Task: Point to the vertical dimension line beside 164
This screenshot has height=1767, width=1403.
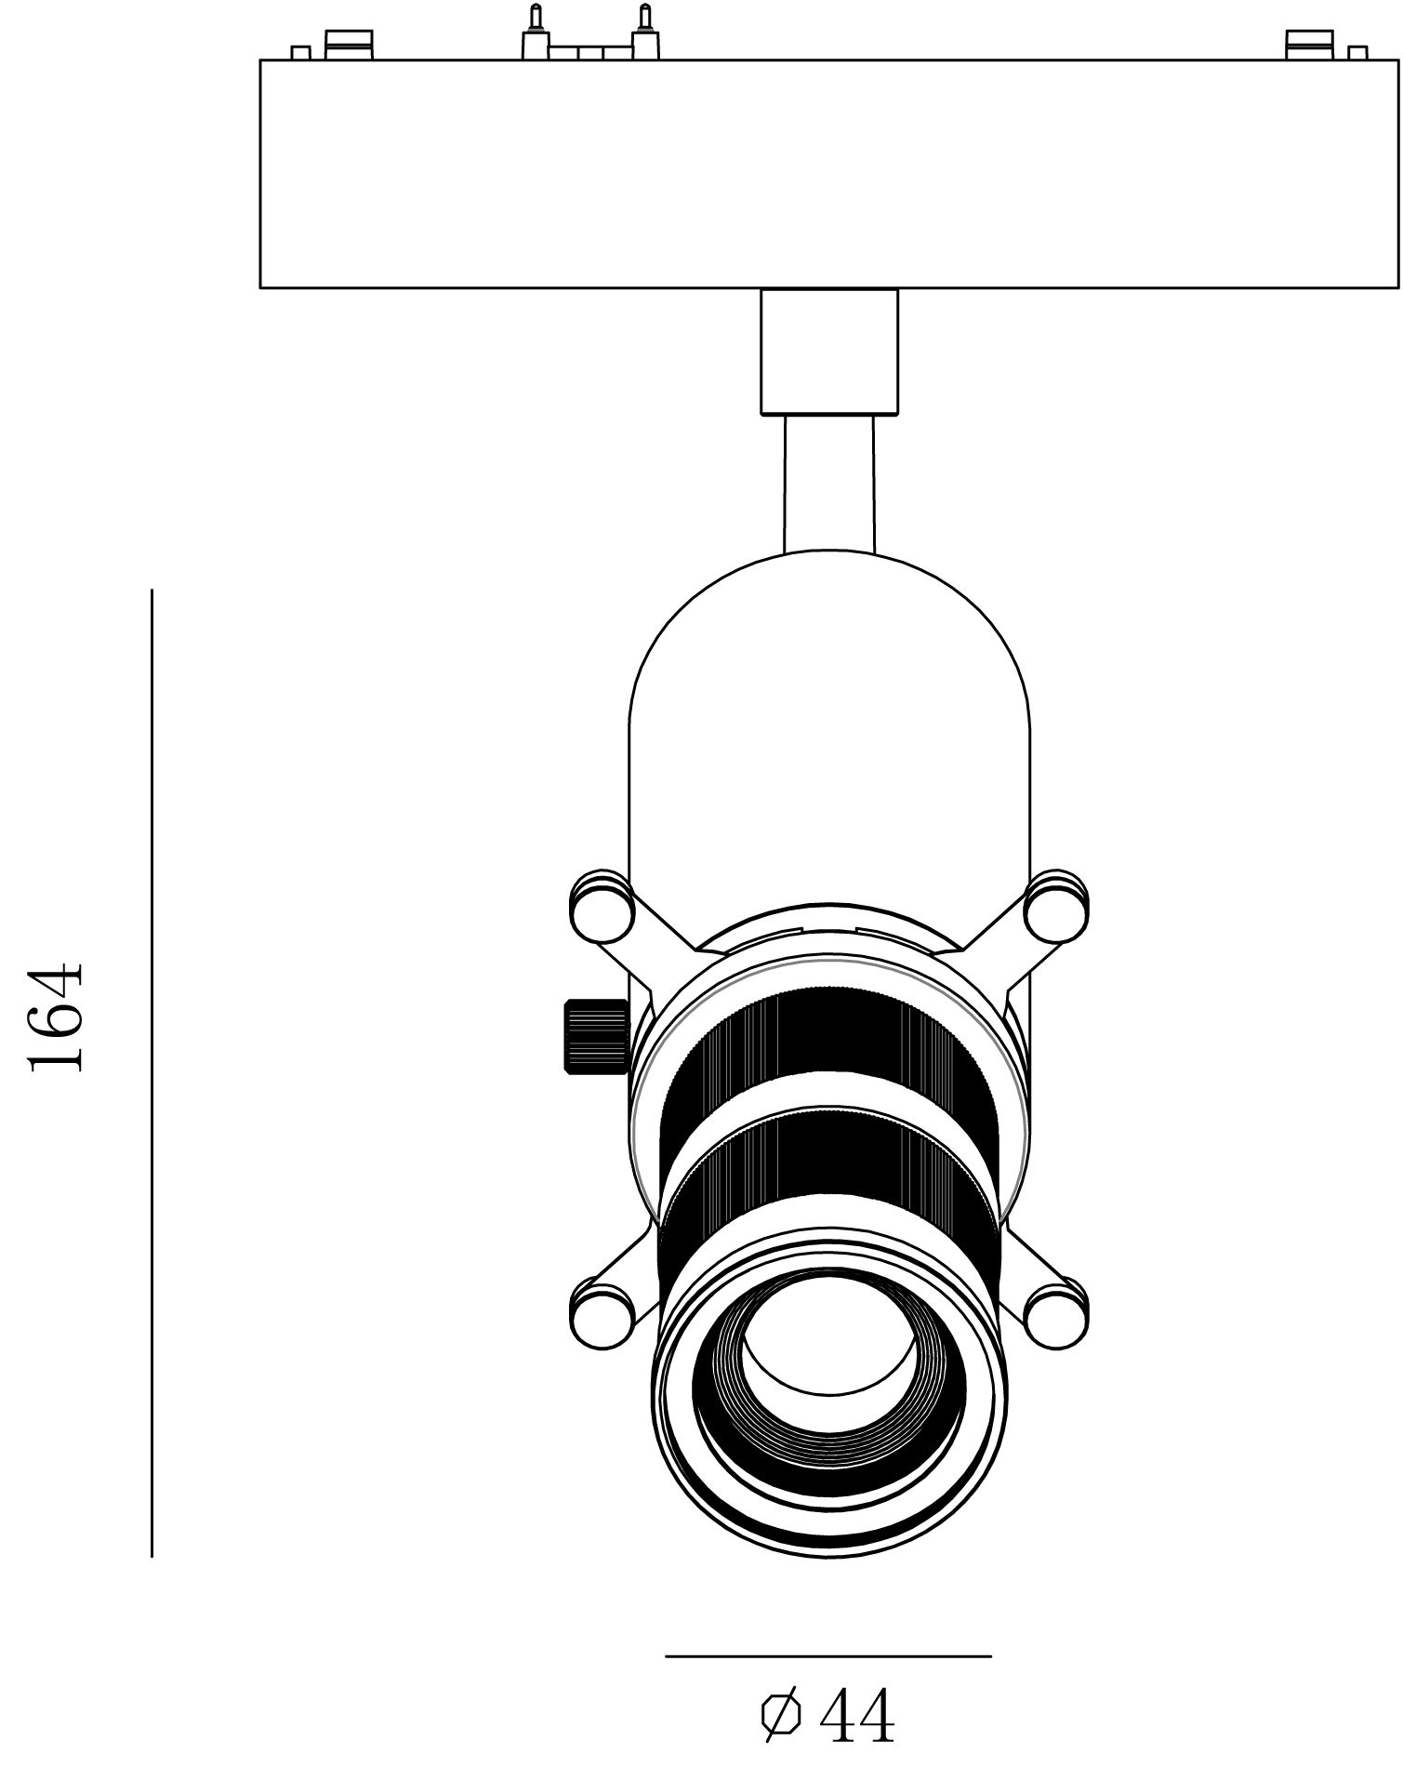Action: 152,1069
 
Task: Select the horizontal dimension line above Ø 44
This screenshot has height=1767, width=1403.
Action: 827,1656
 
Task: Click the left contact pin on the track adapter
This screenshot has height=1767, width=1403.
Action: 535,33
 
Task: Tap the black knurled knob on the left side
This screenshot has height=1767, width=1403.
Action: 595,1036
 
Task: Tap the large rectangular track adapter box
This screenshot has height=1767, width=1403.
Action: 828,174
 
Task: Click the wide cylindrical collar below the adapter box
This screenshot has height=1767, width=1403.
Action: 828,351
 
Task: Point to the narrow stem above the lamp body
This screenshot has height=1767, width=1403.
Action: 828,484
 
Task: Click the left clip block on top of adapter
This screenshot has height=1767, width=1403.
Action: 348,44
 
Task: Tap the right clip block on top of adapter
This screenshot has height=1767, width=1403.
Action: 1309,44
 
